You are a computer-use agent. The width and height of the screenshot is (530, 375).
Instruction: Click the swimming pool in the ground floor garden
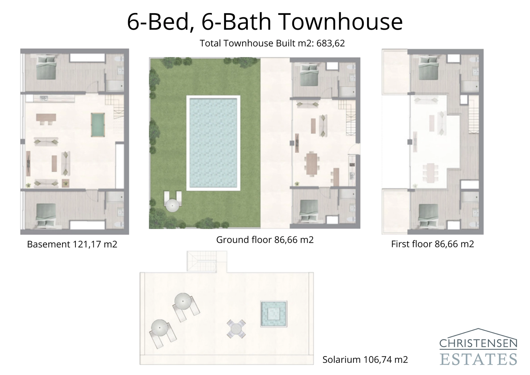(x=213, y=143)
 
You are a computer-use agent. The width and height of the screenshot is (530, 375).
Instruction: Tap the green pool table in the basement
(x=97, y=124)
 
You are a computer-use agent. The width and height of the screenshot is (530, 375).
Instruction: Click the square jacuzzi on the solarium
(x=274, y=314)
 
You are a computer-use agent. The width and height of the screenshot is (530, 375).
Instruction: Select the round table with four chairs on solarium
(x=236, y=329)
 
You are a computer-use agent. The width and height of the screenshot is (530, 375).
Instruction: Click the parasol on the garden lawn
(x=173, y=206)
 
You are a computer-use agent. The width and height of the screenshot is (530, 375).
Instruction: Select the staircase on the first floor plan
(x=474, y=116)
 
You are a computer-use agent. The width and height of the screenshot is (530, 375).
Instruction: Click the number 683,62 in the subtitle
(x=330, y=43)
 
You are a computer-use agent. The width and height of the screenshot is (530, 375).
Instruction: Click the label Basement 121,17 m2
(x=72, y=244)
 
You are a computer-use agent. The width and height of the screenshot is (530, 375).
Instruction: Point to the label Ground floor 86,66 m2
(x=265, y=240)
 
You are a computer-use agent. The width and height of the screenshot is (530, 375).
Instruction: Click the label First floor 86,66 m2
(x=432, y=244)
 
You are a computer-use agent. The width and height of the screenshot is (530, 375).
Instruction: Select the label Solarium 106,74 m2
(x=365, y=359)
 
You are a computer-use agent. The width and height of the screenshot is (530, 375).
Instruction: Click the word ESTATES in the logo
(x=478, y=359)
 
